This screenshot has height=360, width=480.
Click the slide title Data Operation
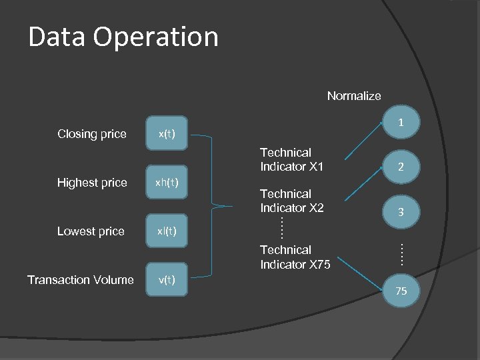click(123, 37)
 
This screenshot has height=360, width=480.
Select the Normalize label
click(354, 96)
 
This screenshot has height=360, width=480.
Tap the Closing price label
click(92, 134)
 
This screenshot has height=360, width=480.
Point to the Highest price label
click(92, 183)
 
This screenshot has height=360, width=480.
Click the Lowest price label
click(91, 231)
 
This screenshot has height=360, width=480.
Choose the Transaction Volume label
click(81, 280)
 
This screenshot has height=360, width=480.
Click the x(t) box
click(167, 134)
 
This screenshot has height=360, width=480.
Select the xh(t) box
click(167, 183)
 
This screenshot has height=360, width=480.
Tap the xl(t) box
click(167, 231)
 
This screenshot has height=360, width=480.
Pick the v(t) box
click(167, 280)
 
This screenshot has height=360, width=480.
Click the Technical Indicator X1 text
click(291, 160)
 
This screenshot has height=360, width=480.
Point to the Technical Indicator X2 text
click(291, 201)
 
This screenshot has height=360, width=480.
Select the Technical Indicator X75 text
click(295, 257)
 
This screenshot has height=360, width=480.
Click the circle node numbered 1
click(401, 123)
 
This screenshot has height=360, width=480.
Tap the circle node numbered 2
click(401, 167)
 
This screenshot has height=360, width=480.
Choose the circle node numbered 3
click(401, 212)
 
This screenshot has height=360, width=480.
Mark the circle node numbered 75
click(401, 291)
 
